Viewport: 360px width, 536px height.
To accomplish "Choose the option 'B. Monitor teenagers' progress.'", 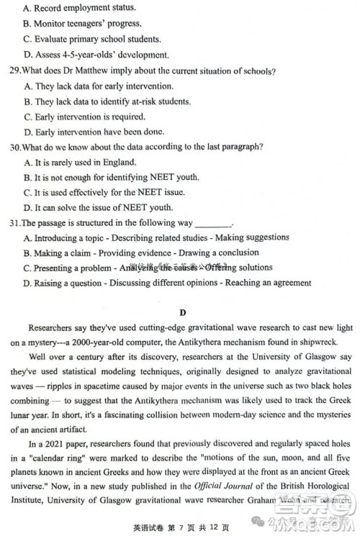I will pyautogui.click(x=83, y=24).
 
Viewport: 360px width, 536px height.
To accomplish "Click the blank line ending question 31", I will pyautogui.click(x=214, y=224).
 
